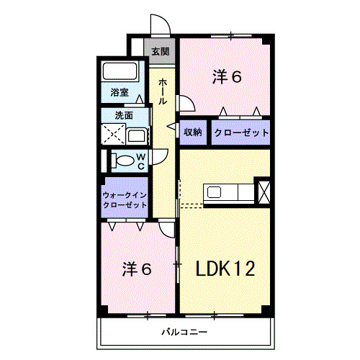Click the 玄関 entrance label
tap(161, 51)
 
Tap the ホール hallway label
tap(163, 91)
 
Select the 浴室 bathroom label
tap(119, 92)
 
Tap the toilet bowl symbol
tap(124, 160)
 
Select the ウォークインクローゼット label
tap(125, 199)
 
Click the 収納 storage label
tap(192, 132)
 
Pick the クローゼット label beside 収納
tap(240, 132)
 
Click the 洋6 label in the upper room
tap(226, 76)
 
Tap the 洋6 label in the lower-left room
tap(136, 269)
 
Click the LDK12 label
tap(225, 269)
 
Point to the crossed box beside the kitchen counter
tap(264, 192)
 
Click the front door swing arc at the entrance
tap(160, 25)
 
